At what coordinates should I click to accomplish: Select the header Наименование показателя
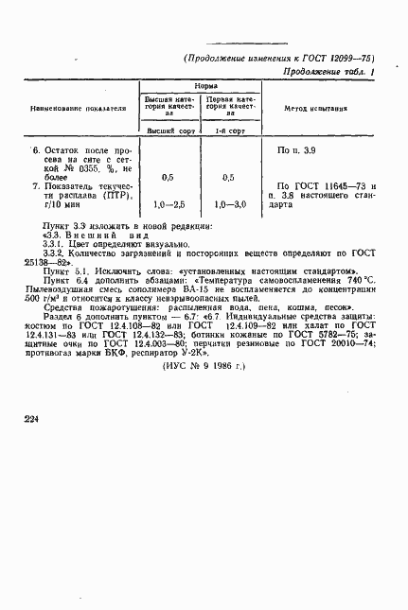coord(80,109)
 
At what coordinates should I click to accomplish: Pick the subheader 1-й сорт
coord(228,131)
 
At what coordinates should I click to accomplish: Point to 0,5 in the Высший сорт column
coord(168,177)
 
